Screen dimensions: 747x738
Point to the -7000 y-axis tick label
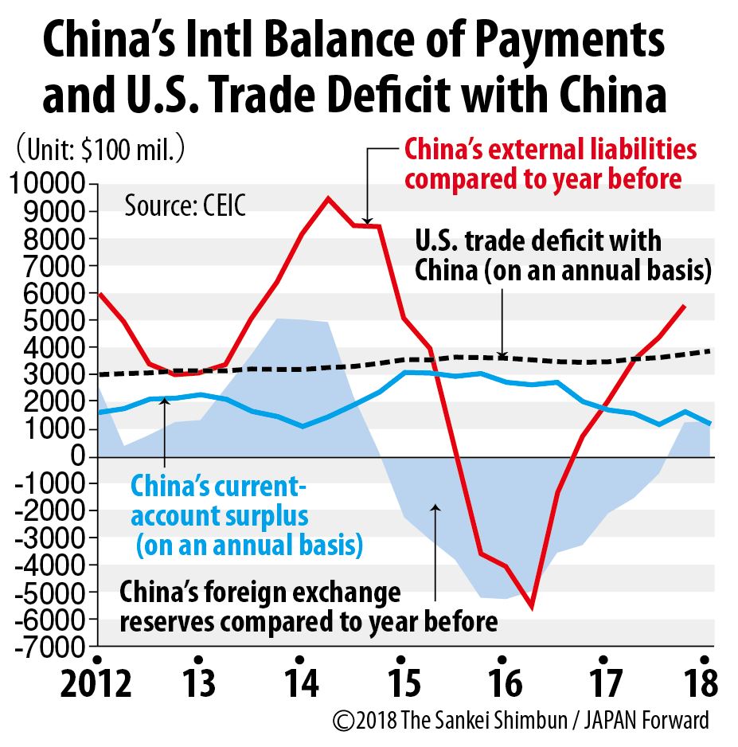coord(48,647)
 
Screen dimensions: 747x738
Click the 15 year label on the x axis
coord(400,683)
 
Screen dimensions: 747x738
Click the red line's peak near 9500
coord(328,198)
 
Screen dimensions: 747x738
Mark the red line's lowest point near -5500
coord(531,608)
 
